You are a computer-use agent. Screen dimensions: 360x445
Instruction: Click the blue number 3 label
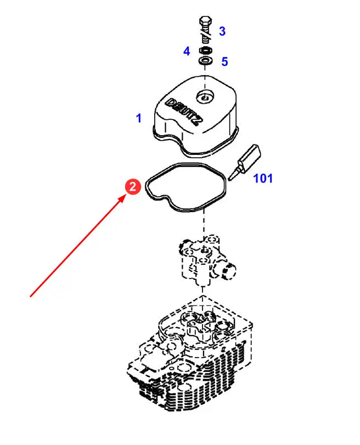point(222,31)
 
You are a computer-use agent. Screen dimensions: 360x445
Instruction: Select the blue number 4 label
point(187,52)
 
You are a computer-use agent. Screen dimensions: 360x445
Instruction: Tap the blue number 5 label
point(224,62)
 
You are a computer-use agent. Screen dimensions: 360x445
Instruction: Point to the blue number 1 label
point(139,118)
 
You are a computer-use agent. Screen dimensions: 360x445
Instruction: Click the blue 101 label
point(263,179)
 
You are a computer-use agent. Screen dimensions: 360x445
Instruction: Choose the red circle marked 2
point(133,187)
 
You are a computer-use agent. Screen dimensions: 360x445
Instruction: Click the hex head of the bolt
point(205,21)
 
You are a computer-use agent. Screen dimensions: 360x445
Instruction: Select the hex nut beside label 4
point(205,51)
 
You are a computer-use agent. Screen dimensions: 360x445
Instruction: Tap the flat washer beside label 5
point(206,60)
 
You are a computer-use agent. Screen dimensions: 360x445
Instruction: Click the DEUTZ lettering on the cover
point(184,112)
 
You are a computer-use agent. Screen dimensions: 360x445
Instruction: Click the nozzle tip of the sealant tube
point(229,179)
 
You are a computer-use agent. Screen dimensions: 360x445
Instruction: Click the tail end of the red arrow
point(30,297)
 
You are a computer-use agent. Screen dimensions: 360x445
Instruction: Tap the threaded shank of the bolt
point(206,34)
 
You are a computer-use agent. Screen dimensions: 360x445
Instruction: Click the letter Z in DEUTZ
point(196,120)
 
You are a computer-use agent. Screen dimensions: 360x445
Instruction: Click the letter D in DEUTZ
point(170,103)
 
